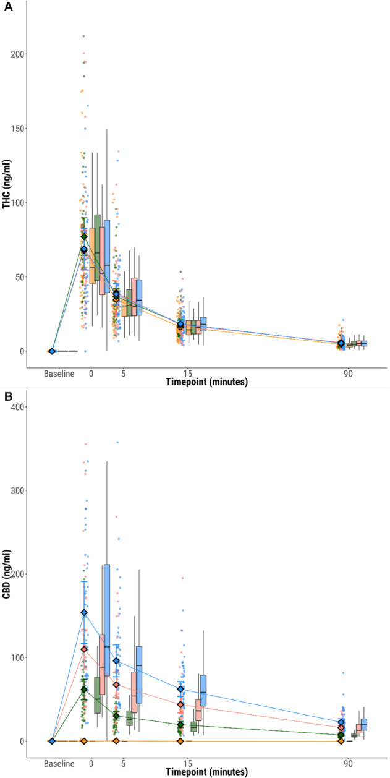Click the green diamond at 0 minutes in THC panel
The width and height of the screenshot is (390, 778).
point(84,236)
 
